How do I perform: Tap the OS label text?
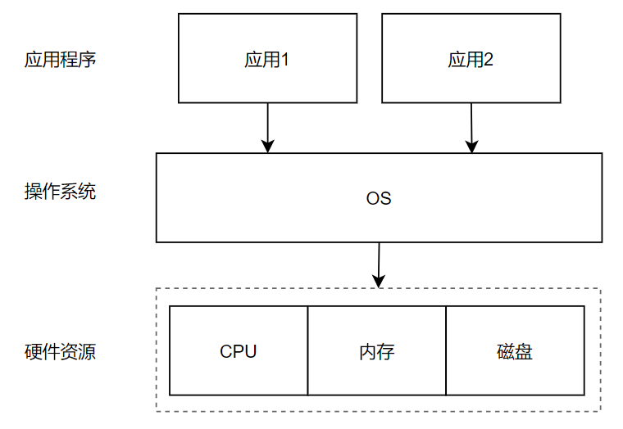(x=378, y=198)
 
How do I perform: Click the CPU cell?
(x=239, y=351)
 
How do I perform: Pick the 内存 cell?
(x=376, y=351)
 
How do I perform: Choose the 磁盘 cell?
(x=515, y=351)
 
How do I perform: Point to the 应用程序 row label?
(x=60, y=60)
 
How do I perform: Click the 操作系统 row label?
(x=60, y=192)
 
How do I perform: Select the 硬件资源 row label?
(x=60, y=352)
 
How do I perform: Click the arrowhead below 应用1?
(x=267, y=147)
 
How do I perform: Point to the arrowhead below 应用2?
(x=471, y=147)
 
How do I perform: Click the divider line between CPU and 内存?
(x=308, y=351)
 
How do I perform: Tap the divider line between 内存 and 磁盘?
(x=446, y=351)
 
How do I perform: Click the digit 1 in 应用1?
(x=285, y=60)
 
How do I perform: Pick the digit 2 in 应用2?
(x=489, y=60)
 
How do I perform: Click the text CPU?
(x=239, y=351)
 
